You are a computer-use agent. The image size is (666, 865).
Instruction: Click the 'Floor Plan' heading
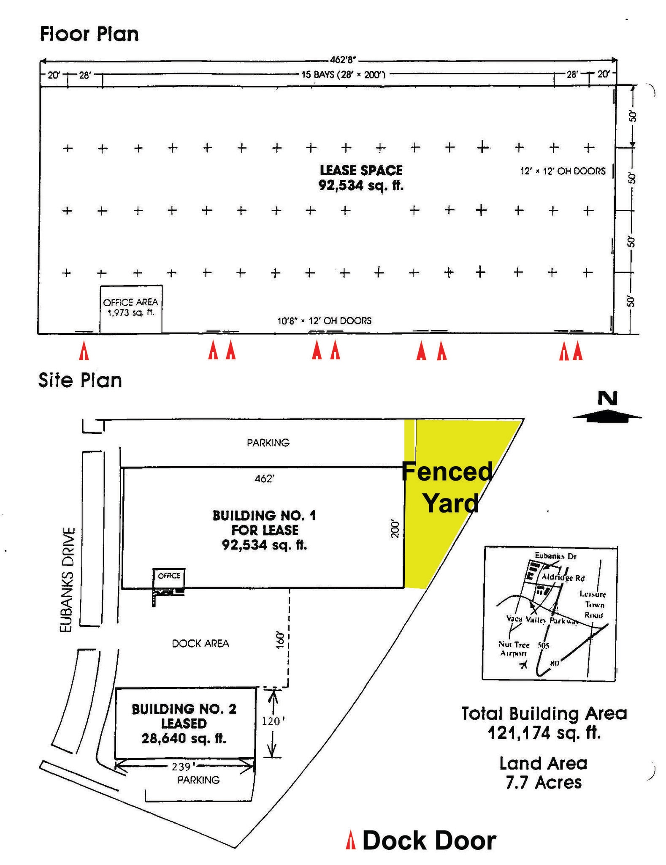tap(89, 34)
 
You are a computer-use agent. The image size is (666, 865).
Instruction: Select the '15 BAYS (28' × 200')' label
tap(343, 75)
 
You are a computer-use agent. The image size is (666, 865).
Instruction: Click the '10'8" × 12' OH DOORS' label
tap(324, 321)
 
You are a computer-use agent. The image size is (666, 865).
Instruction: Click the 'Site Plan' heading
tap(80, 380)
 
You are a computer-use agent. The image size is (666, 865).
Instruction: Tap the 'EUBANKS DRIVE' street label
tap(67, 579)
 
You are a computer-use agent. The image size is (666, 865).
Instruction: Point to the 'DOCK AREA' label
tap(200, 643)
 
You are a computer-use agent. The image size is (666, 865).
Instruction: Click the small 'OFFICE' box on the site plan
tap(169, 576)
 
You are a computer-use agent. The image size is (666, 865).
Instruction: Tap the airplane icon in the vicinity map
tap(524, 665)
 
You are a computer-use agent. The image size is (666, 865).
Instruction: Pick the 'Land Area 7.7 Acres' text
tap(543, 773)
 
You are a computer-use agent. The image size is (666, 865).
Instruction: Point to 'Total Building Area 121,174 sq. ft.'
tap(544, 723)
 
